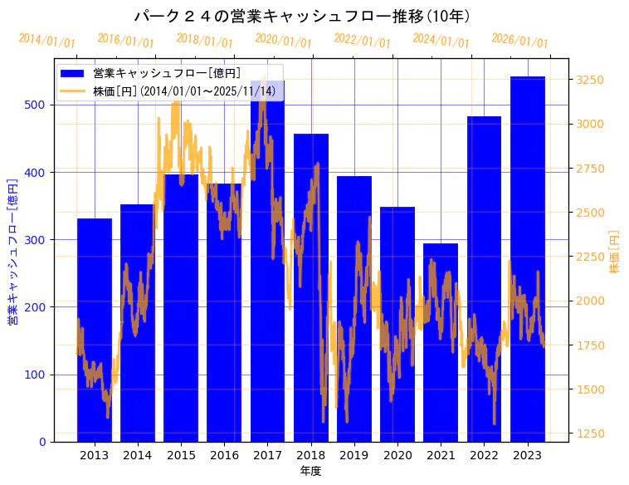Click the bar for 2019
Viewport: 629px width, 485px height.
click(x=354, y=308)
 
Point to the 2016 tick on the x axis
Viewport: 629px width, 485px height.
click(x=224, y=455)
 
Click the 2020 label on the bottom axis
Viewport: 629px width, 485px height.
click(x=397, y=455)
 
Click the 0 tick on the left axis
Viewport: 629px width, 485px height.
click(x=42, y=442)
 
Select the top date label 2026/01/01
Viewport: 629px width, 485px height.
click(x=519, y=41)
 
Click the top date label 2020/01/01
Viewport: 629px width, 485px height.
click(x=283, y=41)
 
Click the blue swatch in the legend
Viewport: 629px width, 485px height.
click(x=73, y=73)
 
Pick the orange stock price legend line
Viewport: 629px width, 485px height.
click(x=73, y=90)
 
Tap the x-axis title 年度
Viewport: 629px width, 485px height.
click(x=310, y=471)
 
